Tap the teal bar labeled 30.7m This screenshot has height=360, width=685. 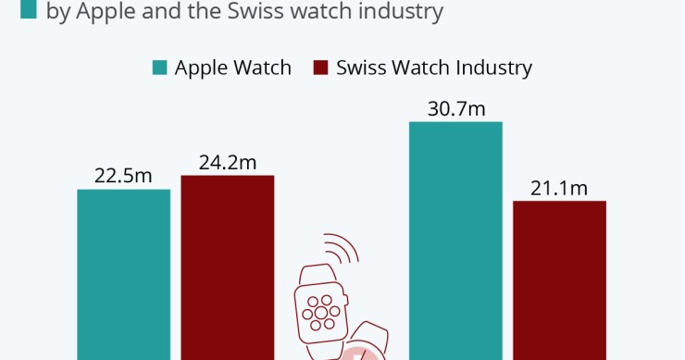point(455,240)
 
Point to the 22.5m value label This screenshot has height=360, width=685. point(123,176)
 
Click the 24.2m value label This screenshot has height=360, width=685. point(227,162)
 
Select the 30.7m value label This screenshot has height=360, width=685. point(455,108)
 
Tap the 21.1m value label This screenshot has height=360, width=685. point(559,188)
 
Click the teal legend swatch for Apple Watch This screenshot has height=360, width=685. point(160,68)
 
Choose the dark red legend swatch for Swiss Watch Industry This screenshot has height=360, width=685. point(322,68)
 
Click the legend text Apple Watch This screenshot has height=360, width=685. point(232,68)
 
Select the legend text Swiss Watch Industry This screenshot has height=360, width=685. point(434,68)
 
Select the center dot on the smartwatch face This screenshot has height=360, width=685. point(320,311)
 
